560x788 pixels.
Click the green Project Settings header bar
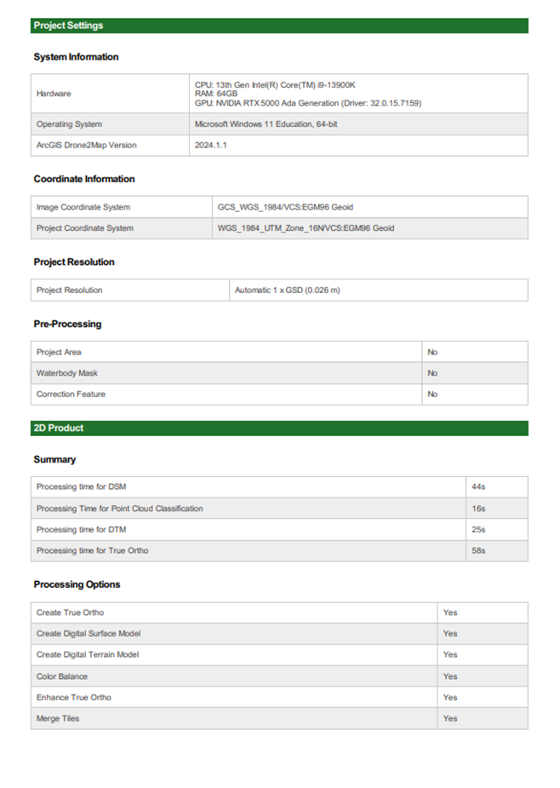click(x=279, y=26)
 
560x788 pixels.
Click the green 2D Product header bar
click(x=279, y=428)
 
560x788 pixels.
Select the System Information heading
click(x=76, y=57)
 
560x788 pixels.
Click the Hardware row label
click(x=54, y=94)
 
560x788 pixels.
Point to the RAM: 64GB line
click(x=216, y=94)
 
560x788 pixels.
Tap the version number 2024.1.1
click(x=211, y=146)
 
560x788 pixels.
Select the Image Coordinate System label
click(x=83, y=207)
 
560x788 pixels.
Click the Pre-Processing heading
click(x=67, y=325)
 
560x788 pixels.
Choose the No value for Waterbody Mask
click(x=432, y=373)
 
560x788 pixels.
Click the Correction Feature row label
click(x=71, y=394)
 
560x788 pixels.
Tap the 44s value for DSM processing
click(x=478, y=487)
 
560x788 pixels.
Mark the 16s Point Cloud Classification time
click(x=478, y=509)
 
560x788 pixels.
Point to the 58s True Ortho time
click(x=478, y=551)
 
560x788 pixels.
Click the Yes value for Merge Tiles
click(x=450, y=719)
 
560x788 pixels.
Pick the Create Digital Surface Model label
click(x=89, y=634)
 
